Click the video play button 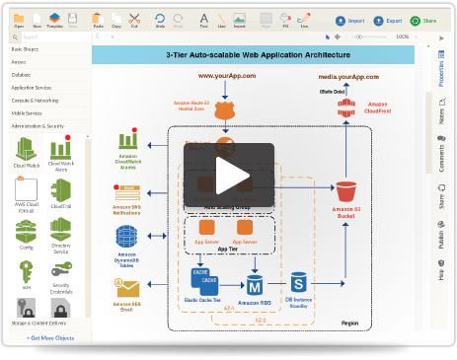(x=229, y=175)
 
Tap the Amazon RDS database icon (x=254, y=284)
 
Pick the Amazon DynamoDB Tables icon (x=127, y=236)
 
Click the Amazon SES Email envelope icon (x=127, y=287)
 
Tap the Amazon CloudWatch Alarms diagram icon (x=127, y=141)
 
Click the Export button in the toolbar (x=387, y=20)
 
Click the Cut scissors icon (x=134, y=20)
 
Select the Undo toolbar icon (x=160, y=20)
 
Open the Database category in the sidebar (x=22, y=74)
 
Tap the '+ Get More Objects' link (x=50, y=337)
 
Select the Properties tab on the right (x=440, y=74)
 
